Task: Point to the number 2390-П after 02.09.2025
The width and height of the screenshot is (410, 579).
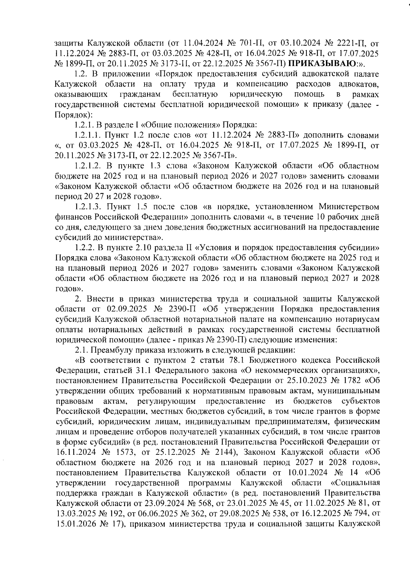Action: [185, 309]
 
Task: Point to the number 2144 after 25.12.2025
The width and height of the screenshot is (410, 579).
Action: [222, 452]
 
